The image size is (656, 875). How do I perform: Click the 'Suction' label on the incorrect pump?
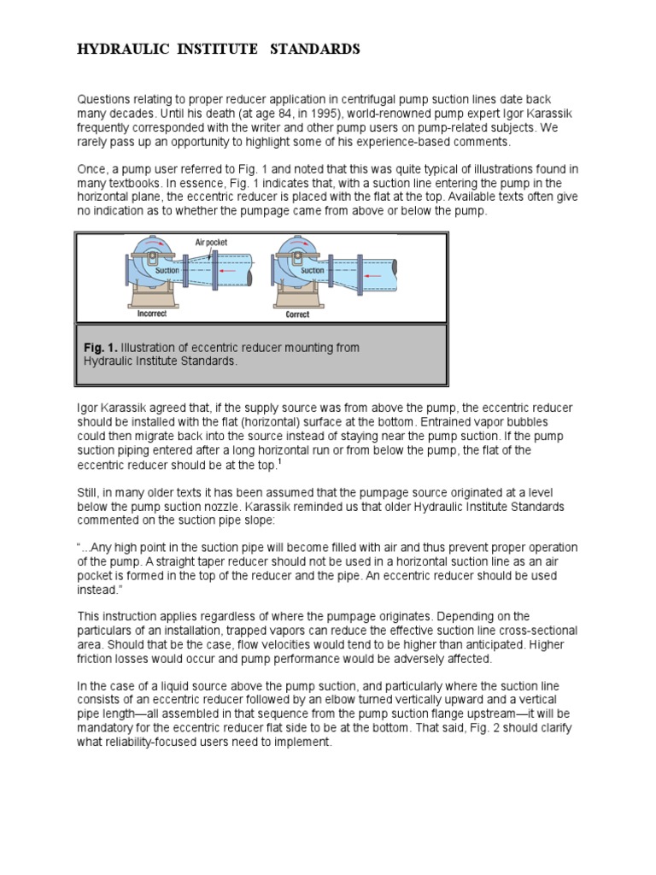(x=167, y=269)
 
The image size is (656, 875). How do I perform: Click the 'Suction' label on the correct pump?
(x=313, y=270)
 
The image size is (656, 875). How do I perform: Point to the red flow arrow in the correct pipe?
(x=372, y=277)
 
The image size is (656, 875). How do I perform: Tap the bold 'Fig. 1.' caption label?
(x=100, y=348)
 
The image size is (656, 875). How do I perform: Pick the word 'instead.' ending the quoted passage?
(x=99, y=590)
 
